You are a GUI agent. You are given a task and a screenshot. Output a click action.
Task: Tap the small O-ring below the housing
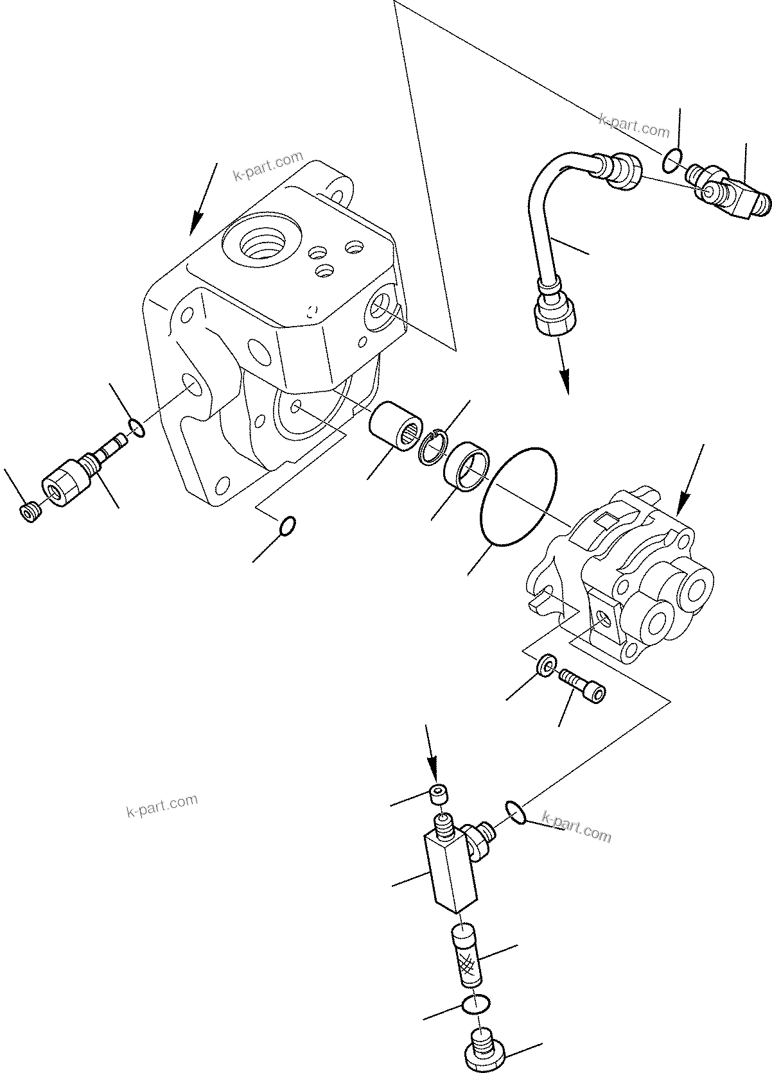pyautogui.click(x=288, y=525)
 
